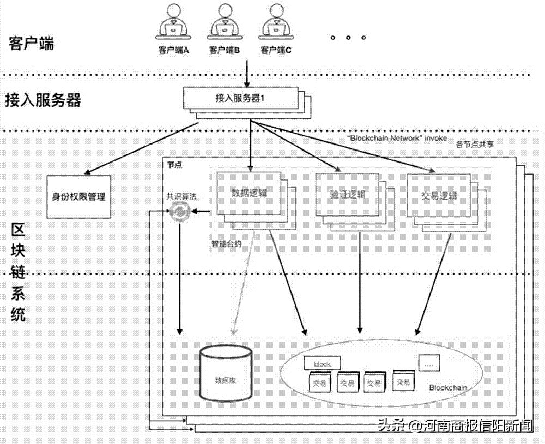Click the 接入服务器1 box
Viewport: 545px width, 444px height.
[240, 98]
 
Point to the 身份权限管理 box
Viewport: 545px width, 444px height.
[78, 196]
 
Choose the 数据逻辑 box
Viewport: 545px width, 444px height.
[249, 193]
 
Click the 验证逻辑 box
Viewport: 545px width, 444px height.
[347, 195]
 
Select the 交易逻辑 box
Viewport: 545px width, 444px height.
[439, 196]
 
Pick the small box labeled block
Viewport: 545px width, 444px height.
[322, 363]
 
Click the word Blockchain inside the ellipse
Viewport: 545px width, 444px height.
[448, 388]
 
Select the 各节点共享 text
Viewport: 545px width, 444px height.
[473, 145]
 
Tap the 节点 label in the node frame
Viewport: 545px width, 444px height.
[173, 164]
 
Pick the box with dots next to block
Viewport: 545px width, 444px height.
[428, 361]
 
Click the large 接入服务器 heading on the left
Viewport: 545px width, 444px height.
[43, 100]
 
